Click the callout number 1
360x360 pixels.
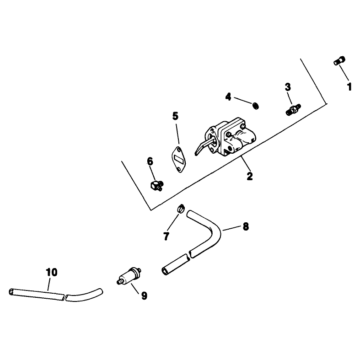349,87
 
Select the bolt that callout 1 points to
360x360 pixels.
339,61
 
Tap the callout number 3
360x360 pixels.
288,87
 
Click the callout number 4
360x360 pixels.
228,97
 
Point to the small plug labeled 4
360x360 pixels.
256,106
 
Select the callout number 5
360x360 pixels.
175,116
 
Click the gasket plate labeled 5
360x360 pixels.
179,159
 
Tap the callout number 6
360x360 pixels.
150,161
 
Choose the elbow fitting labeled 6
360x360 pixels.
157,185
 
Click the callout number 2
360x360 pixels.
250,176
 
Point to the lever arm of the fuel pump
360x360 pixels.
203,147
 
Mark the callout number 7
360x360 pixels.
166,236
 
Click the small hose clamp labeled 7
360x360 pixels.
181,209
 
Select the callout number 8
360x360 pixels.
246,226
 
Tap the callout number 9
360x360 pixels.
144,296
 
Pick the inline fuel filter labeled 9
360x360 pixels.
129,276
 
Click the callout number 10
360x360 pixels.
51,272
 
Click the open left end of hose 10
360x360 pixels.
11,292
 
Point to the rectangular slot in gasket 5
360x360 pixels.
179,159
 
